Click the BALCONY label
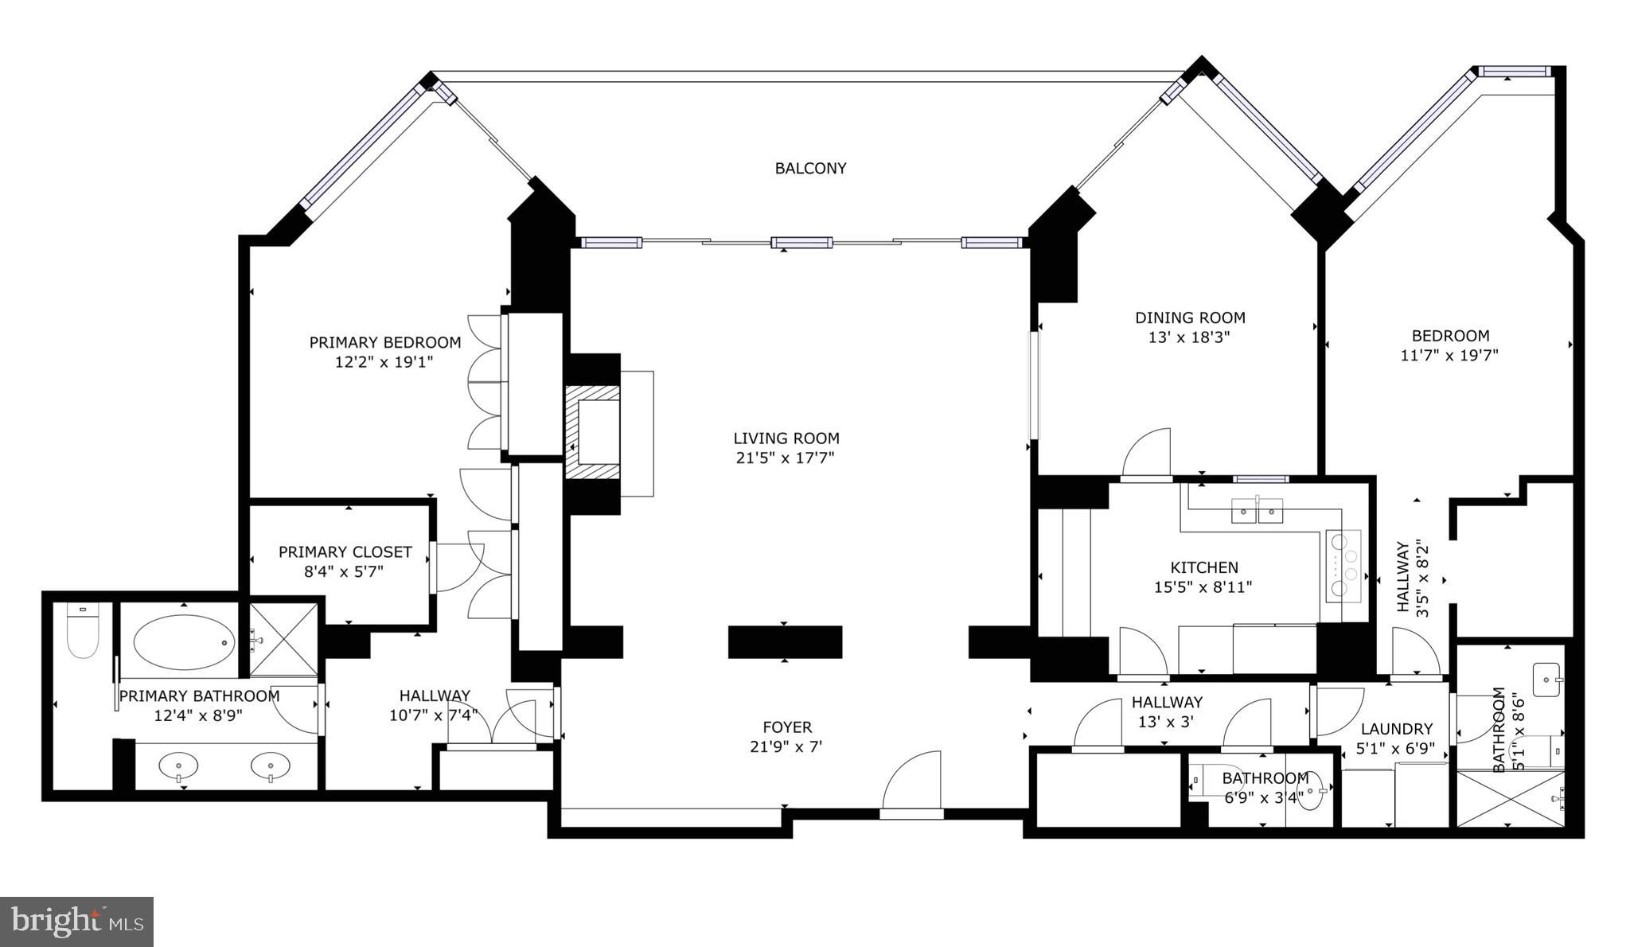click(x=810, y=168)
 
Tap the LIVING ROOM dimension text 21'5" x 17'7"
click(x=785, y=458)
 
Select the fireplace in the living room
click(x=593, y=432)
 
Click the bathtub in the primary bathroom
click(x=184, y=642)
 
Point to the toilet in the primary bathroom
click(x=83, y=633)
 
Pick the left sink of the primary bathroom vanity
click(x=180, y=767)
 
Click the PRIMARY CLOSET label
click(x=345, y=551)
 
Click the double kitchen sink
click(x=1258, y=509)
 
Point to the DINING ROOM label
click(x=1189, y=318)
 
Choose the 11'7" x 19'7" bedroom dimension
click(x=1449, y=355)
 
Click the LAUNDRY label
click(x=1396, y=728)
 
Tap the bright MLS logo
click(x=76, y=922)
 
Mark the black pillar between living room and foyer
click(x=785, y=641)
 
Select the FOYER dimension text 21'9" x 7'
click(x=786, y=746)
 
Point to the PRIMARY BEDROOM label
click(x=384, y=342)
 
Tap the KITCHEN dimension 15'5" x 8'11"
click(x=1203, y=587)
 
